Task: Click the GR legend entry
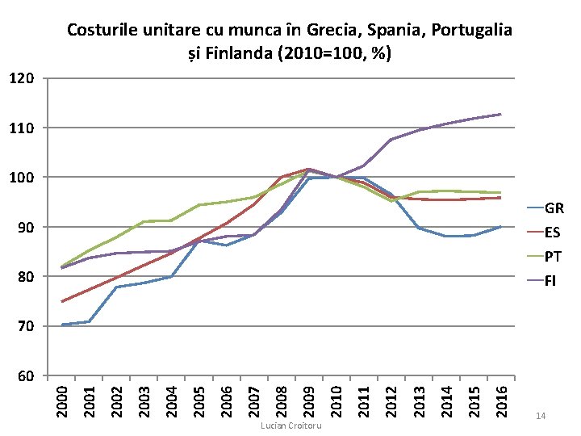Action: point(545,208)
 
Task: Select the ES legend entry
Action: point(544,232)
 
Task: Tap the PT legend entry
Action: point(545,257)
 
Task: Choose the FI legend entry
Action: point(541,281)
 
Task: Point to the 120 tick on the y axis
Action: point(22,78)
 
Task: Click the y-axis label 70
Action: point(26,326)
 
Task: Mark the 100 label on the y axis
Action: point(22,177)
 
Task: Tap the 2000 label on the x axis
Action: point(62,401)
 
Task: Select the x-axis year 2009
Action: point(309,401)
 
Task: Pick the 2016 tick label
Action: point(501,401)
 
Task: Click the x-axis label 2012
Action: point(391,401)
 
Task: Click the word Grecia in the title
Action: point(335,30)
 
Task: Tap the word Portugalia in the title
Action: point(472,30)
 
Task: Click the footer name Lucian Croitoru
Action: point(290,426)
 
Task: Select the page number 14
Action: point(541,416)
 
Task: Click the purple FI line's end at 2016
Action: point(501,114)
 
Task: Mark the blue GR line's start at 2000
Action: point(62,325)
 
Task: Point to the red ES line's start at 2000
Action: point(62,301)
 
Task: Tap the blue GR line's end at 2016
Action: point(501,227)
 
